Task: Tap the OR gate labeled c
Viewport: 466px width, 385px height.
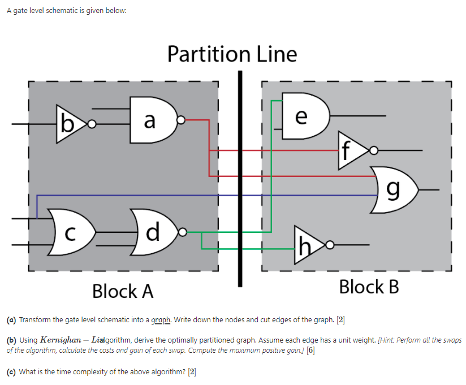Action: pyautogui.click(x=71, y=232)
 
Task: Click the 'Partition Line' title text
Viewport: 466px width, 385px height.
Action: pyautogui.click(x=232, y=54)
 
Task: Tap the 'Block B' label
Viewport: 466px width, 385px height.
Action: pyautogui.click(x=369, y=287)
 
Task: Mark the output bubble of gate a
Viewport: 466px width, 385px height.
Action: pyautogui.click(x=181, y=120)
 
